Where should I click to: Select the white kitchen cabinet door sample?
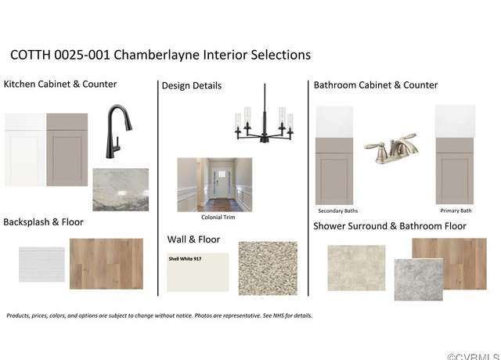tap(25, 149)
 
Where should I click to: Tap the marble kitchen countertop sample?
tap(121, 189)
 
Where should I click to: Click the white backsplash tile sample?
tap(41, 265)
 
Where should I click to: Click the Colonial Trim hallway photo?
tap(214, 185)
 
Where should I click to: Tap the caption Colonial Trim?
tap(218, 218)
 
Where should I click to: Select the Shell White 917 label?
tap(185, 259)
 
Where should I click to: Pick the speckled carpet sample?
tap(268, 268)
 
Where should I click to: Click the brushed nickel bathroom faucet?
tap(391, 149)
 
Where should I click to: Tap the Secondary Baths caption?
tap(338, 211)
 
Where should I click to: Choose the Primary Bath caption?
tap(456, 211)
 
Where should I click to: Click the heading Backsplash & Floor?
tap(44, 222)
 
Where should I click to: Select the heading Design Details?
tap(192, 85)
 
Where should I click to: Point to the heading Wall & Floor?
tap(193, 239)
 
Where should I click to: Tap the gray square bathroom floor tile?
tap(419, 280)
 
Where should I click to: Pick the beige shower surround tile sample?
tap(357, 268)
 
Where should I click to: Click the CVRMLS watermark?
tap(474, 357)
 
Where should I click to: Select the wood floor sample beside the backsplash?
tap(106, 264)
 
